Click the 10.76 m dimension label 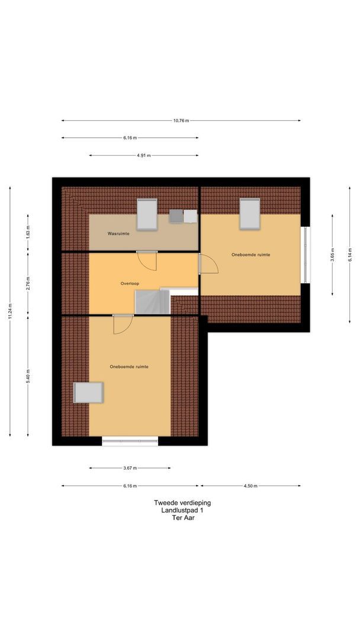(181, 121)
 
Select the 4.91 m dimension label (143, 156)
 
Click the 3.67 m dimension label (130, 468)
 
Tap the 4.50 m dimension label (250, 486)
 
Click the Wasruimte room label (118, 234)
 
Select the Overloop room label (130, 283)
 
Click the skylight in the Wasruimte (147, 214)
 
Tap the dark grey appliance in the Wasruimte (176, 216)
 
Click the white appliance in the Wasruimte (190, 216)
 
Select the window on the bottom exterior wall (130, 441)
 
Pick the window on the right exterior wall (305, 254)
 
